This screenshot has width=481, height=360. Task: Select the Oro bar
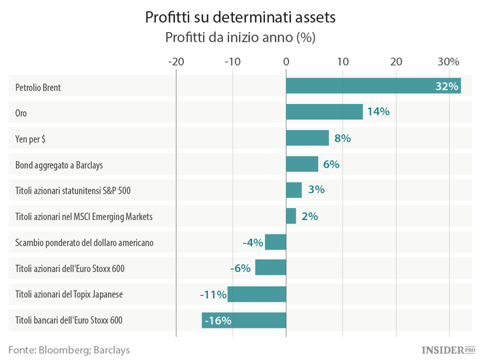point(324,112)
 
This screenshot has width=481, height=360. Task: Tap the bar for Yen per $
point(307,138)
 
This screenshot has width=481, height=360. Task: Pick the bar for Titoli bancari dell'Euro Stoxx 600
point(244,320)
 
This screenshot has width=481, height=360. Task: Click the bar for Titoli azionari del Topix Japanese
point(257,294)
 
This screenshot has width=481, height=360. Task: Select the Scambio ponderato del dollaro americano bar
point(275,242)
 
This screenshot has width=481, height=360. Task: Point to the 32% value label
point(446,86)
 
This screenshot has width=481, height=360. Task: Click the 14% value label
point(378,112)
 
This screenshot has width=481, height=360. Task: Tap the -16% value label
point(218,320)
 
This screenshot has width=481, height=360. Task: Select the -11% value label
point(212,294)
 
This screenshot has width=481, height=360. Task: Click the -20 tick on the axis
point(176,62)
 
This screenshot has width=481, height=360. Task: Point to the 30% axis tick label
point(449,62)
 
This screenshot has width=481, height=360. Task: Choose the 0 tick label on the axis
point(286,62)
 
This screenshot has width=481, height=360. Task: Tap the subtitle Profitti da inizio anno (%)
point(240,37)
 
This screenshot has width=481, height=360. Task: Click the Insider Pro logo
point(448,350)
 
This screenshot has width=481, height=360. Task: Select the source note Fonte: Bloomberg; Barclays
point(69,350)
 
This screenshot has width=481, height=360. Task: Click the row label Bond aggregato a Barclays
point(59,164)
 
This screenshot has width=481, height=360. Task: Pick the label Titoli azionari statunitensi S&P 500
point(74,190)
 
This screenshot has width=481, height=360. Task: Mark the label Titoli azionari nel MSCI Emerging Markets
point(84,216)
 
